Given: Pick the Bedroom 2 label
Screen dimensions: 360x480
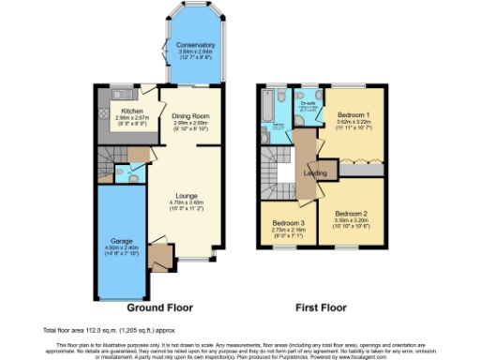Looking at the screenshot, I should tap(352, 215).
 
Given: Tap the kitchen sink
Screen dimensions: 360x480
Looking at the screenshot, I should tap(119, 94).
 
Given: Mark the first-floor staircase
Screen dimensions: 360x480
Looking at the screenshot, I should tap(279, 172).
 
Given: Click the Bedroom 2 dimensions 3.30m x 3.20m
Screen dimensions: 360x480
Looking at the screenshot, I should tap(352, 221).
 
